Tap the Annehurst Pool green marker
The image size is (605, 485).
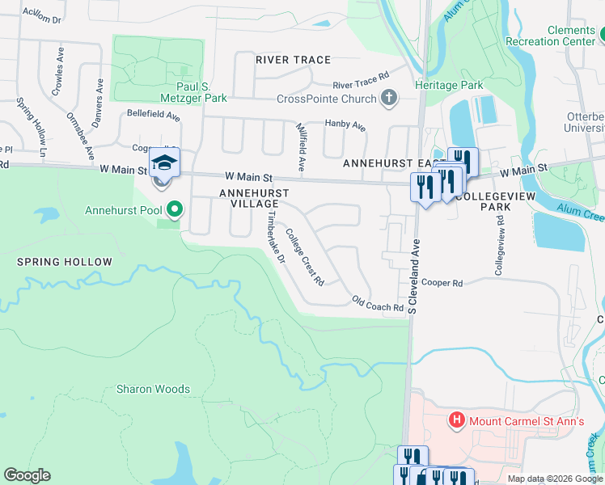(174, 211)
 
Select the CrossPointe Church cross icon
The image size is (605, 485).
(389, 99)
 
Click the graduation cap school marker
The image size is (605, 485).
(164, 164)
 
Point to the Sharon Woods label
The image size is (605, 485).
(153, 389)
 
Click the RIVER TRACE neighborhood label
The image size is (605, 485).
(293, 60)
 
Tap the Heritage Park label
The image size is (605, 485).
(449, 85)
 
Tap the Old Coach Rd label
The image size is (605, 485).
(377, 307)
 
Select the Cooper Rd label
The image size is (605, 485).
(442, 283)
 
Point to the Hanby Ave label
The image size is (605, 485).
(345, 125)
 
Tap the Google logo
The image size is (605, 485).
(27, 475)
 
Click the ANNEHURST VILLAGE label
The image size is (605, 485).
(249, 198)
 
